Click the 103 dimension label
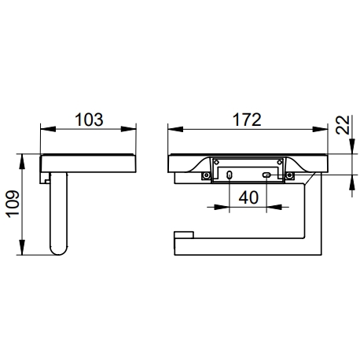click(x=89, y=120)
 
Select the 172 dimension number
click(x=247, y=120)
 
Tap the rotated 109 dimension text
click(x=13, y=204)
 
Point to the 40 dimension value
click(x=248, y=197)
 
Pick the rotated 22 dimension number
click(x=343, y=125)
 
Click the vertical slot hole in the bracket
click(x=230, y=175)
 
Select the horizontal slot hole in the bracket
click(x=266, y=175)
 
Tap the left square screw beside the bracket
click(x=206, y=175)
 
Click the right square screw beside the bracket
click(x=289, y=175)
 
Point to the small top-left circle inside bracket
click(x=216, y=162)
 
